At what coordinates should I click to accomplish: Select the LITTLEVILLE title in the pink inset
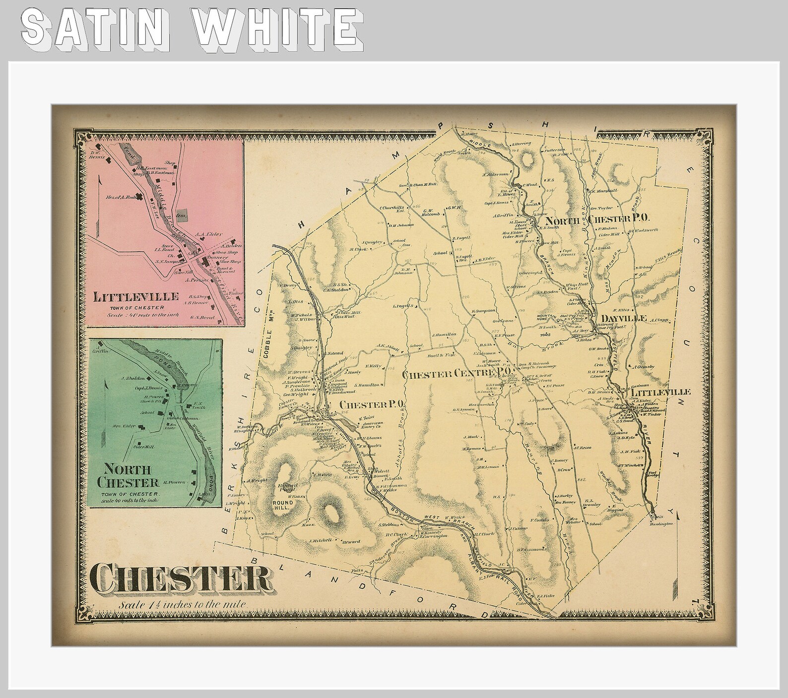point(136,297)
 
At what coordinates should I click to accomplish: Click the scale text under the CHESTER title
point(182,605)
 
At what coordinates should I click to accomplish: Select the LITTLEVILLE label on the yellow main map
point(666,392)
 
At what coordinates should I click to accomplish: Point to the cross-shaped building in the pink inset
point(147,197)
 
